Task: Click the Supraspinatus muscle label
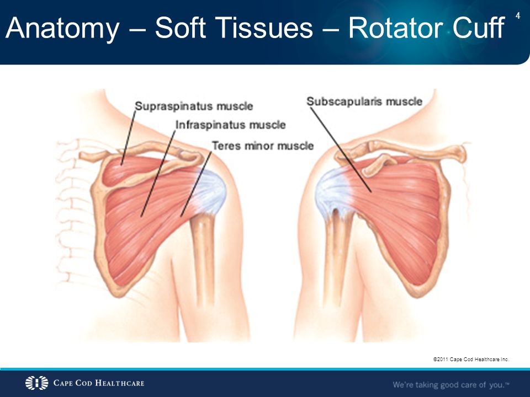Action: pyautogui.click(x=194, y=106)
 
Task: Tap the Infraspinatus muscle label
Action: pyautogui.click(x=231, y=125)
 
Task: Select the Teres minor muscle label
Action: pyautogui.click(x=263, y=146)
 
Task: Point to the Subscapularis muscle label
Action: pyautogui.click(x=364, y=101)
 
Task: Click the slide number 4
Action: pyautogui.click(x=517, y=15)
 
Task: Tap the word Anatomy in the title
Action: pyautogui.click(x=62, y=28)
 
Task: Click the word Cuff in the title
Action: pyautogui.click(x=478, y=28)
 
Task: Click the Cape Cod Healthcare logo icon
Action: pyautogui.click(x=36, y=383)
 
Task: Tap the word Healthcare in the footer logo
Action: pyautogui.click(x=120, y=383)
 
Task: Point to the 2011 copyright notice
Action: pyautogui.click(x=471, y=359)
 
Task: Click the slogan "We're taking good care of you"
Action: pyautogui.click(x=451, y=384)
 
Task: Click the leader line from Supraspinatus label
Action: pyautogui.click(x=128, y=138)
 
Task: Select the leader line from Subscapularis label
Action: pyautogui.click(x=341, y=150)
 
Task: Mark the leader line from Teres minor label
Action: pyautogui.click(x=196, y=184)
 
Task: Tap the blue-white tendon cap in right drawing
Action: pyautogui.click(x=333, y=192)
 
